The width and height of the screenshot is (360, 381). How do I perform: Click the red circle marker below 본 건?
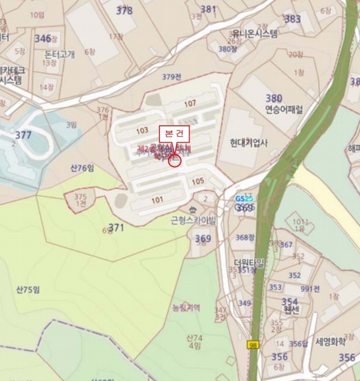pos(176,161)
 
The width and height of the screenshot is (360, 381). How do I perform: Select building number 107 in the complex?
pos(190,104)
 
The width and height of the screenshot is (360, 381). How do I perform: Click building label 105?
pos(197,181)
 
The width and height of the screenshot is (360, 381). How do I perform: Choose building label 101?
pos(157,199)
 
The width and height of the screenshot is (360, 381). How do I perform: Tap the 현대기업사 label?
pos(250,143)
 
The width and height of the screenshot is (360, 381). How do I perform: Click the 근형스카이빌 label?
pos(194,221)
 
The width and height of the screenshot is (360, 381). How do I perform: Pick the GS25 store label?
pos(244,198)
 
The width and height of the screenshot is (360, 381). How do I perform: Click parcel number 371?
pos(116,227)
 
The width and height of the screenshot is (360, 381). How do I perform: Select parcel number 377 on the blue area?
pos(23,135)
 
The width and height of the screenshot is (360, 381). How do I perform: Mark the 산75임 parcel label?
pos(28,290)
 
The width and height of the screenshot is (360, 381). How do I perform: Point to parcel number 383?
pos(293,19)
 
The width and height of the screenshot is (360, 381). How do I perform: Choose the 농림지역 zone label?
pos(187,307)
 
